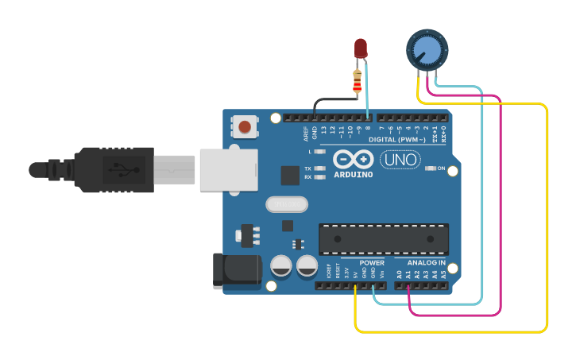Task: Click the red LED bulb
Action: coord(361,47)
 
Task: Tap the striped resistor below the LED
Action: coord(358,80)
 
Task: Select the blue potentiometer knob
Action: coord(427,49)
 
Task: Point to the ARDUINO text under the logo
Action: coord(353,175)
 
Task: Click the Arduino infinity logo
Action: coord(353,159)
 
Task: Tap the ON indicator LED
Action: coord(430,168)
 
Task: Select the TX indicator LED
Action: coord(319,168)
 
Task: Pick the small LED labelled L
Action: coord(319,151)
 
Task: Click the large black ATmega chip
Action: coord(383,239)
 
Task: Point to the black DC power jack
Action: coord(238,268)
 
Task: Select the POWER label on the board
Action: coord(371,263)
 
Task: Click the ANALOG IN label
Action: coord(426,263)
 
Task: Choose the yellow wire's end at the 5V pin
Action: coord(355,286)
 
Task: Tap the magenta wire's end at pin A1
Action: coord(408,286)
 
